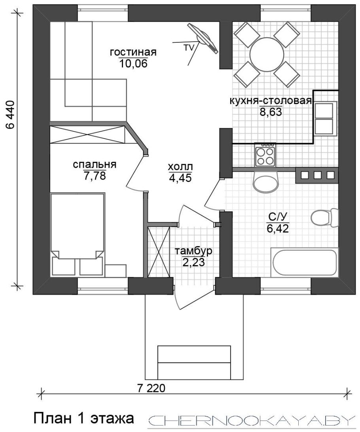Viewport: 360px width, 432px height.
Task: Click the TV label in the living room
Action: click(189, 47)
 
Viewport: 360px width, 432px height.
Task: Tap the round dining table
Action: click(266, 54)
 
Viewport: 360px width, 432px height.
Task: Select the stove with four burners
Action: click(265, 155)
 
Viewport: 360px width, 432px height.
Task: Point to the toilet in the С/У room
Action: click(324, 217)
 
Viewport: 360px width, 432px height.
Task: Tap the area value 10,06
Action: click(134, 64)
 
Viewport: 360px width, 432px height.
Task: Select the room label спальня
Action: click(95, 165)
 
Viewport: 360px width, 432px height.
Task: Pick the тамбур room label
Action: click(193, 251)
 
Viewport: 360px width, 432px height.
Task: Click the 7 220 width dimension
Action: click(151, 388)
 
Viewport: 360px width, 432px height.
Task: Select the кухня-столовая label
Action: click(271, 101)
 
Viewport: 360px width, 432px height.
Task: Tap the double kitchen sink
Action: click(326, 119)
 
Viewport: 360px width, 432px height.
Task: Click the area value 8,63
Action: click(271, 112)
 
